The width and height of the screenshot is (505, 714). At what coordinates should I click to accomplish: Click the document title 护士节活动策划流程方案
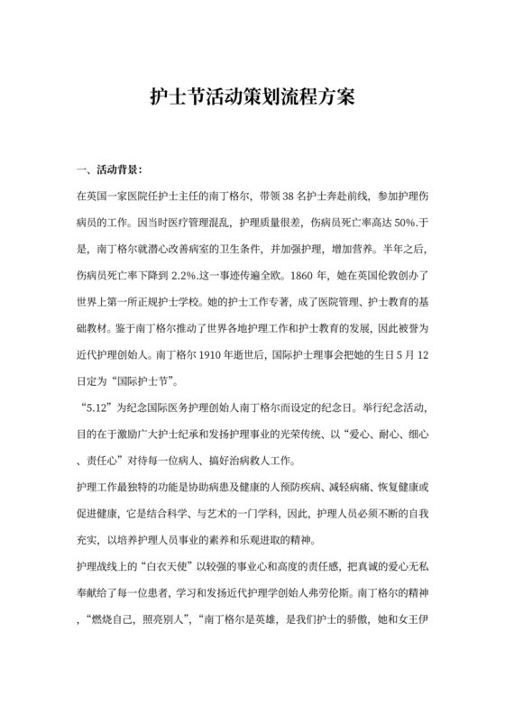coord(252,96)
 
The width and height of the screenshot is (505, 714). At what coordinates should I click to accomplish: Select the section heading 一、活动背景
coord(109,169)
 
